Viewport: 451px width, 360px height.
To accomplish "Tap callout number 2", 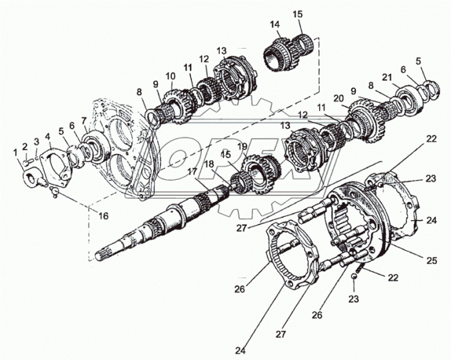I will pos(25,146).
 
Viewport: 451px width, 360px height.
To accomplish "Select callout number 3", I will pos(37,141).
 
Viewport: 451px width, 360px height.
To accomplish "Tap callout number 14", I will pos(274,25).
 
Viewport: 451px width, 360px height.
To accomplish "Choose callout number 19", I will pos(242,145).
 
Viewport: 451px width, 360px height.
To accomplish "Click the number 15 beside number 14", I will pos(297,14).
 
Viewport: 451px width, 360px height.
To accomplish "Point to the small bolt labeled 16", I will pos(56,192).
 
